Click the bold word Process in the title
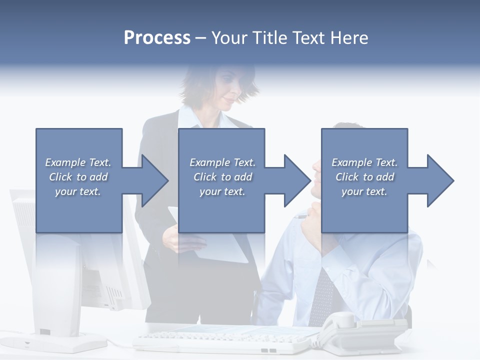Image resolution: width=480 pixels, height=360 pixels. coord(157,38)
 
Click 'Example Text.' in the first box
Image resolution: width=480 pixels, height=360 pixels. coord(78,162)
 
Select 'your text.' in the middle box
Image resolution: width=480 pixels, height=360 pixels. coord(222,191)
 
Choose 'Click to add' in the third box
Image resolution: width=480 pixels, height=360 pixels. coord(365,177)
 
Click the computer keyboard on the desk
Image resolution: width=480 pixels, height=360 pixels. coord(225,342)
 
